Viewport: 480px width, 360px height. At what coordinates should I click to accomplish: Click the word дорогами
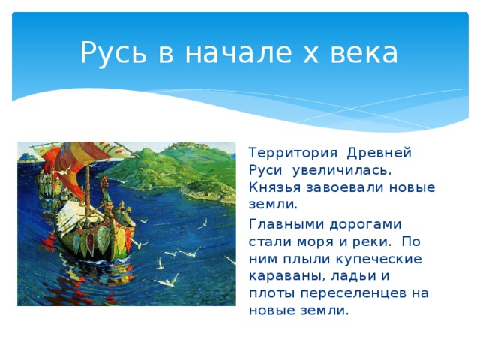pos(367,223)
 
